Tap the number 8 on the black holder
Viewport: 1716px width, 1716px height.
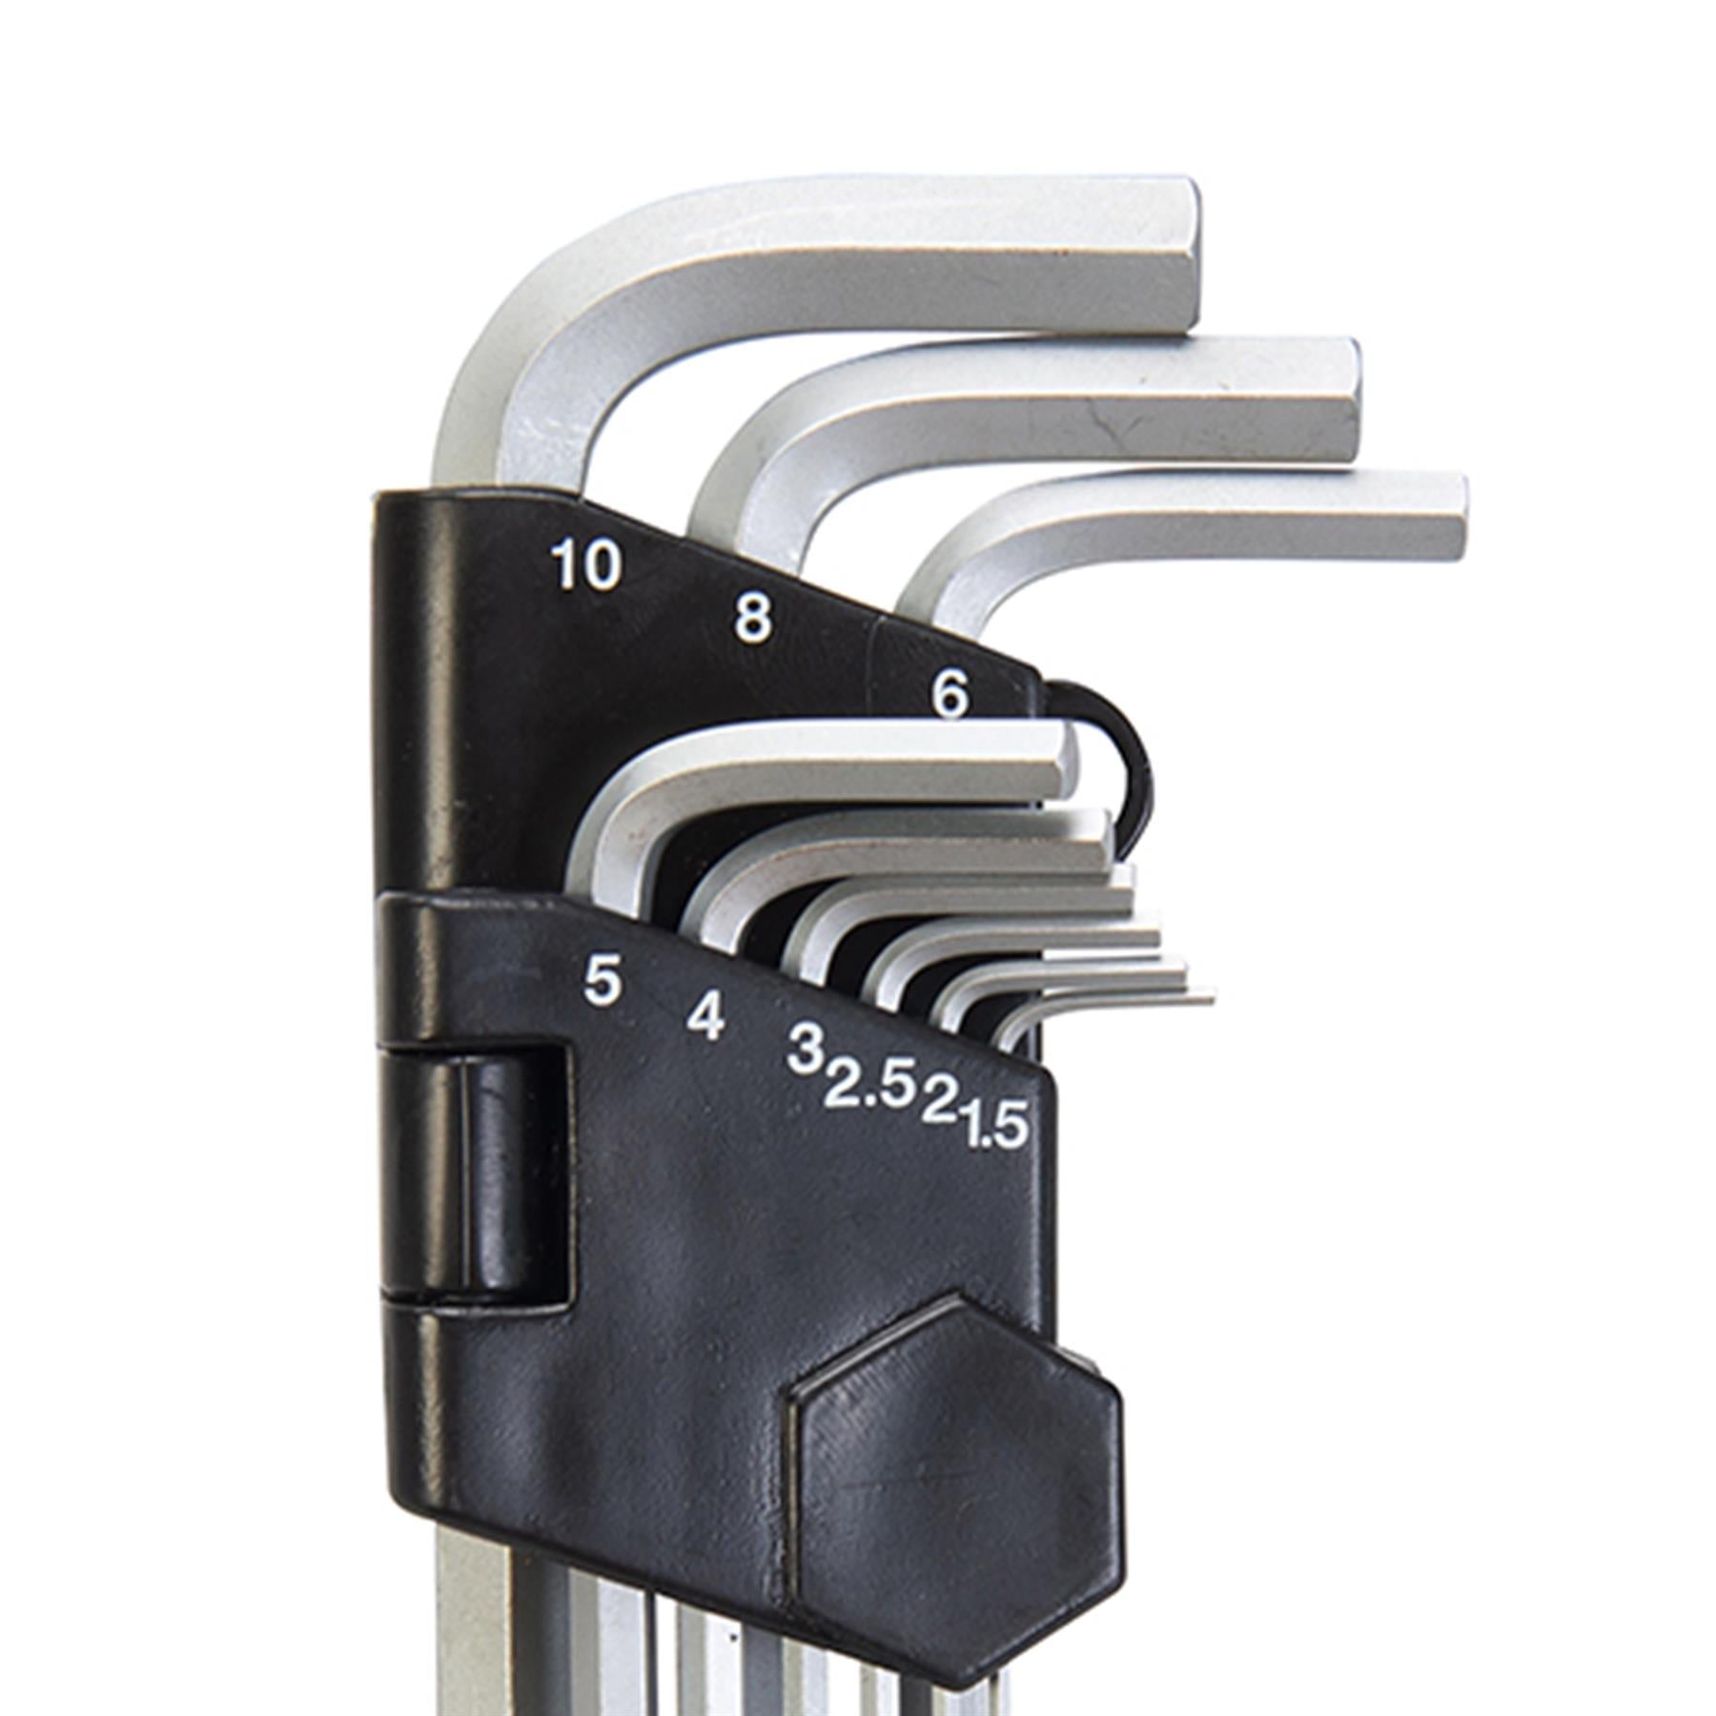coord(753,620)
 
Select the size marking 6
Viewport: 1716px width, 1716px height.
coord(950,696)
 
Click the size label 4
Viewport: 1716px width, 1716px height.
coord(705,1016)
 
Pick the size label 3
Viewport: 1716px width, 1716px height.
coord(805,1050)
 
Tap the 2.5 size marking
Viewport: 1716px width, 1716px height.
coord(870,1088)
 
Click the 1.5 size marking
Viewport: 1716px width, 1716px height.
coord(995,1127)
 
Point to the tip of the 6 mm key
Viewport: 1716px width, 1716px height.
coord(1454,517)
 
